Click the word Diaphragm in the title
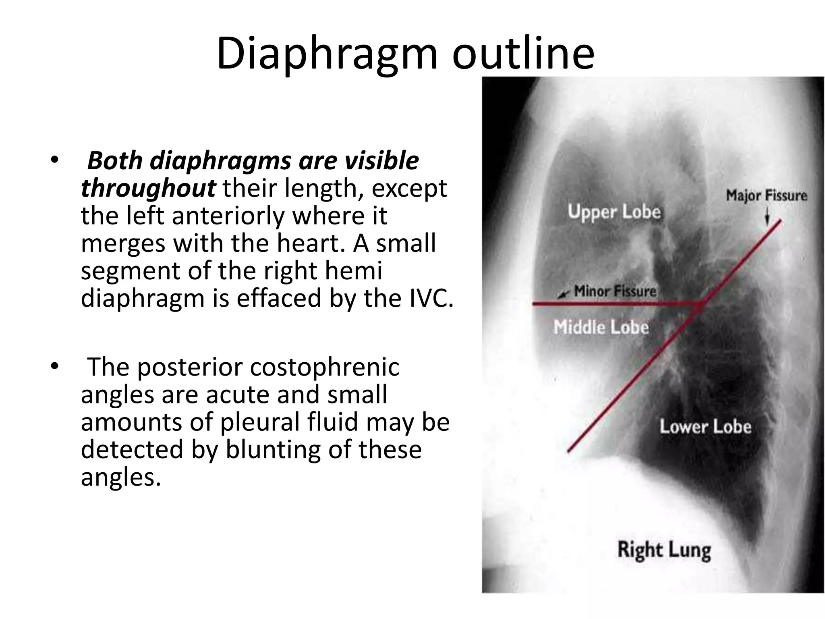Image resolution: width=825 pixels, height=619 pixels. [327, 54]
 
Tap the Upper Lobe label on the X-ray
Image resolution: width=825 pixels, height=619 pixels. [614, 212]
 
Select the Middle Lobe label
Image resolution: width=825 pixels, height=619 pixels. [601, 327]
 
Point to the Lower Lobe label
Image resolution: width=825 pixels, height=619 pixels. [705, 427]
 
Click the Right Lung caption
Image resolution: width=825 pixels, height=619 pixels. [664, 550]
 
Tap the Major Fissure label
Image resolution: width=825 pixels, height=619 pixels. [766, 195]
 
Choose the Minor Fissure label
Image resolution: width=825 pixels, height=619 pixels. [615, 291]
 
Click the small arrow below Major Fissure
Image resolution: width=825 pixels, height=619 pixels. [767, 219]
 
